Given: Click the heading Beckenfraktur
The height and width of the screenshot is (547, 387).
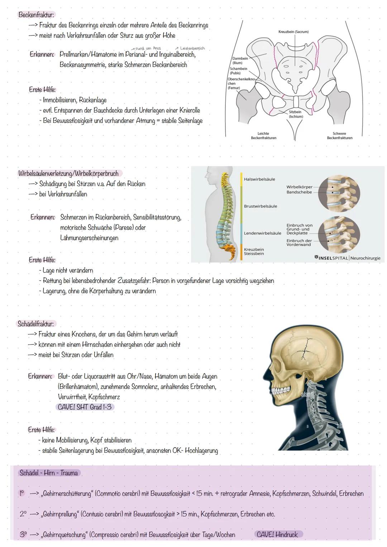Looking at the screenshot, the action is [36, 15].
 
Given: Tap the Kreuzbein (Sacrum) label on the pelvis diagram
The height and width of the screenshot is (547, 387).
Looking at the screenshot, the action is [293, 32].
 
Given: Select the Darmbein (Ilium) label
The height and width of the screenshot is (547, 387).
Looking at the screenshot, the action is [240, 61].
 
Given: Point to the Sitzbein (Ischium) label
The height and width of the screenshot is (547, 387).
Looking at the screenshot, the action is [296, 114].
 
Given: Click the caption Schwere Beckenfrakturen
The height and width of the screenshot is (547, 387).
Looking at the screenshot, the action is [340, 136].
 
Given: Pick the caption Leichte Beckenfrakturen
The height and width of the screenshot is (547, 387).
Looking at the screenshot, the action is [263, 136].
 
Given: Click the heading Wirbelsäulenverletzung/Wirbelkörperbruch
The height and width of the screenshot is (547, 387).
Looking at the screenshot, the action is [68, 173].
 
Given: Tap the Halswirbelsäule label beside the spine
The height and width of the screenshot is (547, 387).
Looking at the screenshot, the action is [259, 179].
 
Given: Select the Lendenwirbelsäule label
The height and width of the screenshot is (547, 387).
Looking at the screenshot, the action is [263, 233].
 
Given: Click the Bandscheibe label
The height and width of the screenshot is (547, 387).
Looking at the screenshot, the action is [299, 192].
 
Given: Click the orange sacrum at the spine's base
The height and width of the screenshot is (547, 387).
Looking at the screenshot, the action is [228, 250].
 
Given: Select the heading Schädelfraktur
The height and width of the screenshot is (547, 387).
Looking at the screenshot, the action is [35, 324].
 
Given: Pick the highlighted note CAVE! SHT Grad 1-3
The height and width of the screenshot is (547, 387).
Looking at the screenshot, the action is [85, 407].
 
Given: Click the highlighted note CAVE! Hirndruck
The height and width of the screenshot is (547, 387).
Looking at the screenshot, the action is [277, 534].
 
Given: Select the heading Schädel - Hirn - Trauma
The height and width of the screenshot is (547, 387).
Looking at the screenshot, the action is [49, 473].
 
